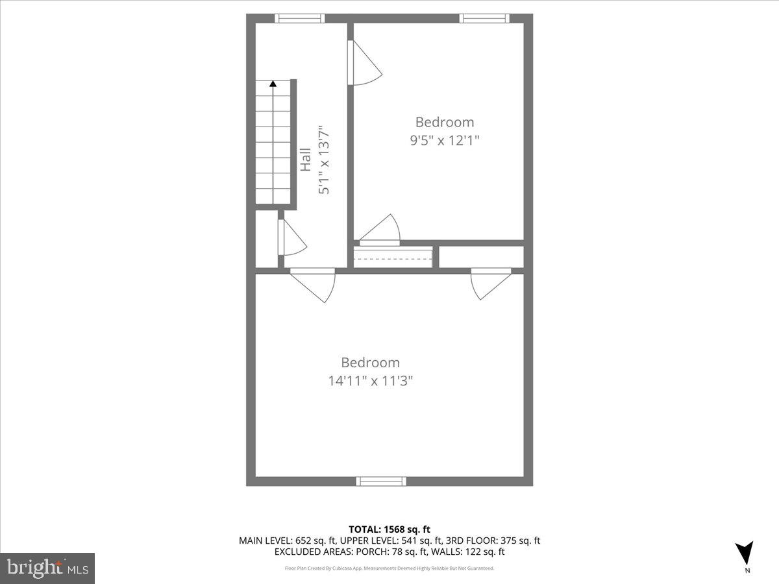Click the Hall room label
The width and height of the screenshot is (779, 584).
click(305, 160)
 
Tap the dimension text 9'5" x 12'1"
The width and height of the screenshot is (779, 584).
click(445, 140)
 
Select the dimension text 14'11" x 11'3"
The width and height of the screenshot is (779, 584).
click(371, 381)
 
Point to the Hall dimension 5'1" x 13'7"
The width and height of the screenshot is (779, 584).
click(324, 160)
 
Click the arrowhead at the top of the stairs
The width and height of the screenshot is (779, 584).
click(273, 83)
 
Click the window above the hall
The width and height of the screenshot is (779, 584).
click(299, 18)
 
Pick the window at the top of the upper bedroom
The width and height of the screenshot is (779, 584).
click(484, 18)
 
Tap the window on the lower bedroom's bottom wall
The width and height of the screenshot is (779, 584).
click(381, 481)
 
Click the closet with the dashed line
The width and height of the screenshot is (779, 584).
click(393, 257)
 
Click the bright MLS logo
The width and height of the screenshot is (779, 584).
click(47, 568)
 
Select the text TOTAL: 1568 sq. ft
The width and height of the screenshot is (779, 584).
click(389, 529)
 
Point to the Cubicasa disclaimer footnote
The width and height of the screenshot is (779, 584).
click(389, 568)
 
